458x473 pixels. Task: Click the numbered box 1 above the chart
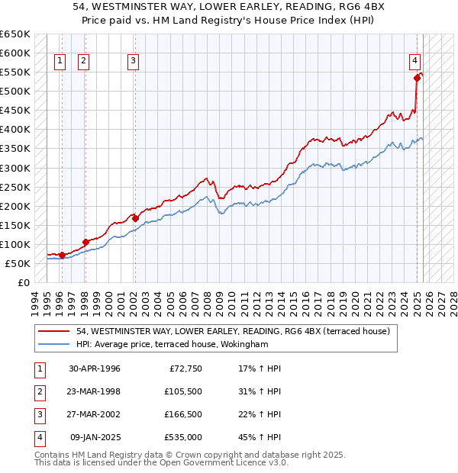(60, 63)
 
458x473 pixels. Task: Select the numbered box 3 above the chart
(133, 63)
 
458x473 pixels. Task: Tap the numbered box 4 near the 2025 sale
(414, 60)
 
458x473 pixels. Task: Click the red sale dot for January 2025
(418, 77)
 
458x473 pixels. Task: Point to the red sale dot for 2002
(135, 218)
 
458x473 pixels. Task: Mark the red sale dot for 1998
(85, 242)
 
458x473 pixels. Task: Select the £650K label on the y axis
(15, 34)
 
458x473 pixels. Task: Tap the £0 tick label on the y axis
(23, 282)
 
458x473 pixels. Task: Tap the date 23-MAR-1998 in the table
(95, 391)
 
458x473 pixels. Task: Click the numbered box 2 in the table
(38, 392)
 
